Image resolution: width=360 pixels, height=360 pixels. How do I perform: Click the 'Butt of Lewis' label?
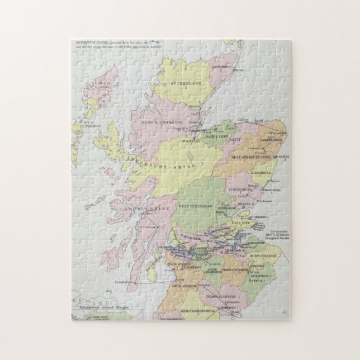pyautogui.click(x=104, y=84)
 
